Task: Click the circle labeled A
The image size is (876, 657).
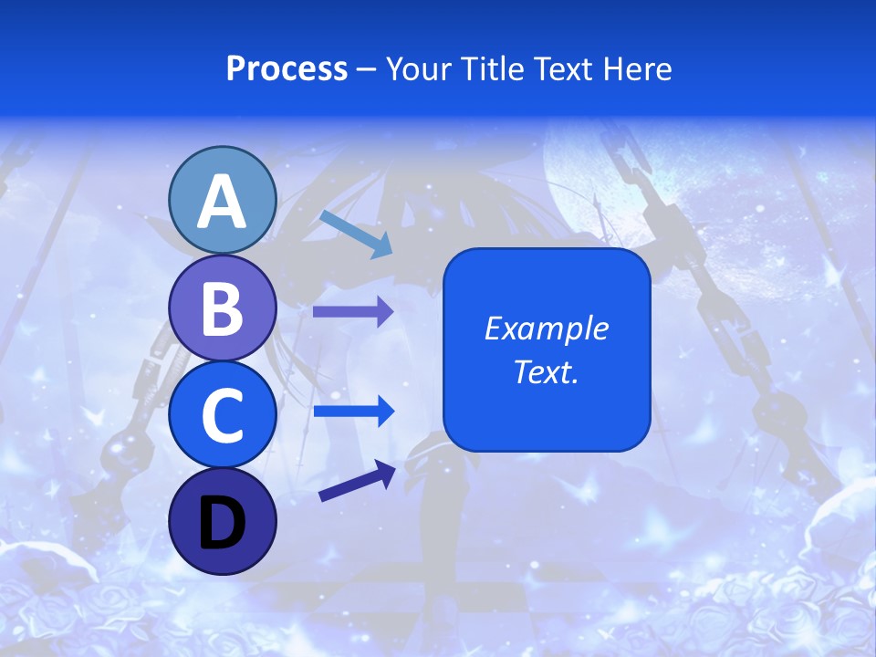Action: point(222,201)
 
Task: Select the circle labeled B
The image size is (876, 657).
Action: point(222,308)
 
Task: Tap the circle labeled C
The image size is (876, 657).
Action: point(222,415)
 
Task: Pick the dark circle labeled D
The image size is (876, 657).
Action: point(222,521)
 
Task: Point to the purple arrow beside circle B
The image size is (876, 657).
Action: point(353,311)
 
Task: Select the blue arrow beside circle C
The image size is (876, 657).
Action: point(353,412)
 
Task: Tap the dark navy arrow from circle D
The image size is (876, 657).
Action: point(357,481)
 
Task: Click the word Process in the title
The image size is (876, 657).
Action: point(287,69)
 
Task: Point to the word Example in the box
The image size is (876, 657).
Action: point(546,328)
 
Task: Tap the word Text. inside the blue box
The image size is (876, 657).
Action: point(546,372)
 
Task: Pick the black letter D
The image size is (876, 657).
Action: point(222,525)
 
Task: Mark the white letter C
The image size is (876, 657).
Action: point(222,416)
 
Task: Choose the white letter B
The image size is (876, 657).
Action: point(222,308)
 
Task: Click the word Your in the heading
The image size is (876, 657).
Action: point(421,69)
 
